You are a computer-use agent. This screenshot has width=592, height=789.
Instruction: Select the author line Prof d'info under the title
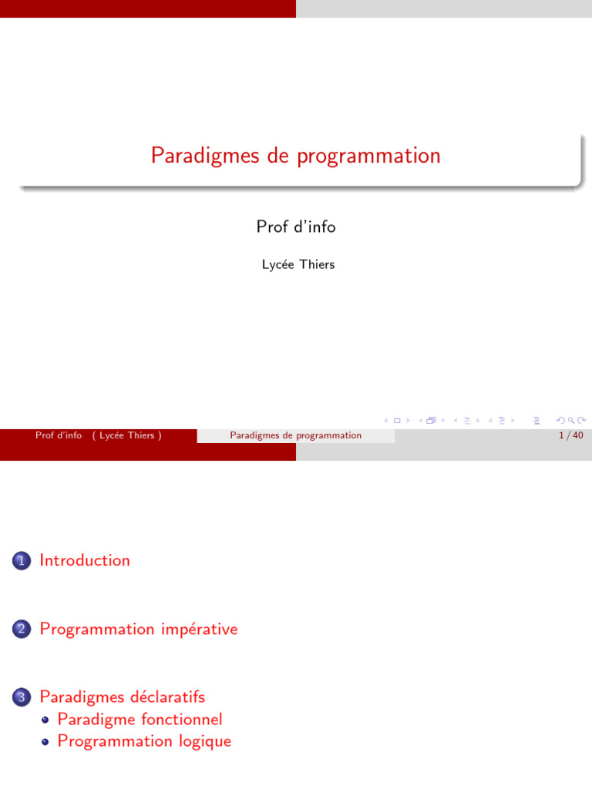tap(296, 227)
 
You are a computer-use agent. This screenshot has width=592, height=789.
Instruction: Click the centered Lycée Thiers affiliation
tap(298, 264)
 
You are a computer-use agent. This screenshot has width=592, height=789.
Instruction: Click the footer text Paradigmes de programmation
tap(295, 435)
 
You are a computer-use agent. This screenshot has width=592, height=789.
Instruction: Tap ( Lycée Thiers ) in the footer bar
tap(126, 435)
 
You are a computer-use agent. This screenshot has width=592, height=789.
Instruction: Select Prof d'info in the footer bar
tap(59, 435)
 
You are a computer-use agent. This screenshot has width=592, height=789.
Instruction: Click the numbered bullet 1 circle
tap(20, 562)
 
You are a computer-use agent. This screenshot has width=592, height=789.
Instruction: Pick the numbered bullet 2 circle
tap(20, 630)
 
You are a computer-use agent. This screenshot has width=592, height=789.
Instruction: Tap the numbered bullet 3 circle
tap(20, 698)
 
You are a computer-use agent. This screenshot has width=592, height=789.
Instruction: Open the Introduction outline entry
tap(85, 561)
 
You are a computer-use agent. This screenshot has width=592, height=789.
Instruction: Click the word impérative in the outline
tap(200, 630)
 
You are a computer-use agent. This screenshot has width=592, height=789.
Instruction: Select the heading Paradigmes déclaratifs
tap(123, 697)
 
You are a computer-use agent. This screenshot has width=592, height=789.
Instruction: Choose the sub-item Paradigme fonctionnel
tap(140, 720)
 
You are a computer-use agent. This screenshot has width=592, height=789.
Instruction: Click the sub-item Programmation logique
tap(144, 741)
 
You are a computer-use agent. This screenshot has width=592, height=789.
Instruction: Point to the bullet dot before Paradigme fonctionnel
tap(45, 720)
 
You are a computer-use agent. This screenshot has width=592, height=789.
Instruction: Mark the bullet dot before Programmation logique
tap(45, 742)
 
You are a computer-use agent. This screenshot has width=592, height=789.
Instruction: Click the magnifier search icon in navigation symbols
tap(570, 420)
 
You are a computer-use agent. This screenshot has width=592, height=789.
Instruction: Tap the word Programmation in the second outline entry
tap(97, 630)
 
